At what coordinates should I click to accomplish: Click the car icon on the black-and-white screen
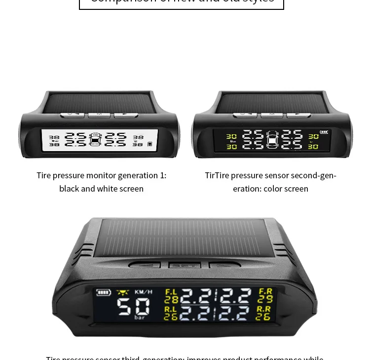(95, 140)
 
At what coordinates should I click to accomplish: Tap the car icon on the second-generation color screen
(272, 140)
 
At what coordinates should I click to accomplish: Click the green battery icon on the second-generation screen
(324, 132)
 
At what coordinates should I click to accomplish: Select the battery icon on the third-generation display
(104, 292)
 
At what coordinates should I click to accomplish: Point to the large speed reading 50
(133, 307)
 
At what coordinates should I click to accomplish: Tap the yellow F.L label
(171, 292)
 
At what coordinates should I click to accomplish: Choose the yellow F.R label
(265, 292)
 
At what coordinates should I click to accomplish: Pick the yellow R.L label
(171, 309)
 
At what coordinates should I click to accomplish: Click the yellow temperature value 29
(265, 299)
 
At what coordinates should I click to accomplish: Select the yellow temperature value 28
(171, 299)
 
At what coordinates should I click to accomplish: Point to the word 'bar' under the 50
(139, 318)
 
